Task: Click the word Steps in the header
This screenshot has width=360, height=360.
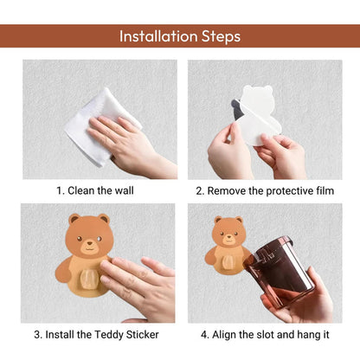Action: [220, 36]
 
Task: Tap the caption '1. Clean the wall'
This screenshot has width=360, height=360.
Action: [100, 190]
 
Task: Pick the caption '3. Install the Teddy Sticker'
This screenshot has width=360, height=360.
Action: [100, 334]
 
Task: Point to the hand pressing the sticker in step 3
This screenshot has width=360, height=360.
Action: [138, 286]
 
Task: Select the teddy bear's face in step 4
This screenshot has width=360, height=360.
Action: [228, 233]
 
